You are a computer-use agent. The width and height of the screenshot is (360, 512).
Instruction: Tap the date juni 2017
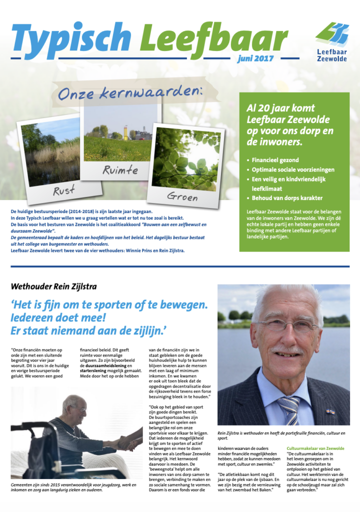255,58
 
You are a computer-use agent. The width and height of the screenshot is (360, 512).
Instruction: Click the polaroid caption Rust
64,190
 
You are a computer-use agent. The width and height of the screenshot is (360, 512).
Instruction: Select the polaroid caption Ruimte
120,170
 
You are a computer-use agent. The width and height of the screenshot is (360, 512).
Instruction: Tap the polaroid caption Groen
182,196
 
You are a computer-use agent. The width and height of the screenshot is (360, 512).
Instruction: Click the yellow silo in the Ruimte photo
126,131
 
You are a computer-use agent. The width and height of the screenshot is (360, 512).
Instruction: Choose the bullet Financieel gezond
275,160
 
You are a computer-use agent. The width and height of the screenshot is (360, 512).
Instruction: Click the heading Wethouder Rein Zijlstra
53,286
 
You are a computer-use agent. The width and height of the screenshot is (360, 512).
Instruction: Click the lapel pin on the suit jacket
330,411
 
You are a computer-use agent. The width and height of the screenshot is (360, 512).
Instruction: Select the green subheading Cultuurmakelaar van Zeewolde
315,448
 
